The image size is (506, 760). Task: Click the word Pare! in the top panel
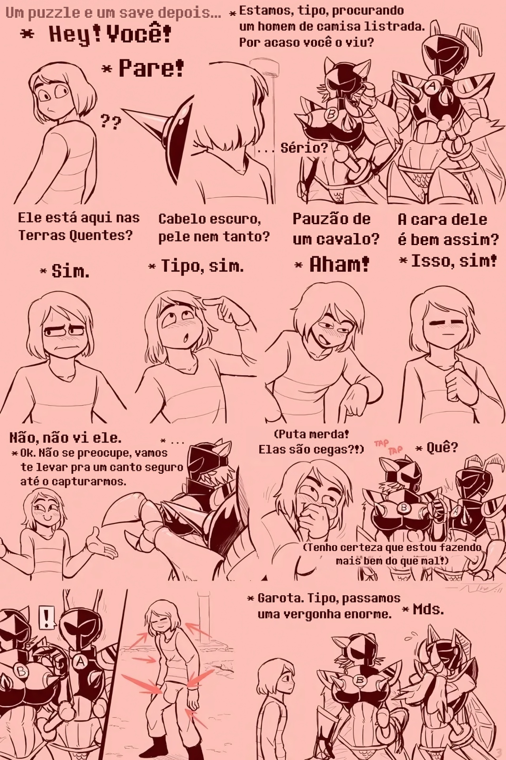151,68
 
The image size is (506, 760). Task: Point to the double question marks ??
111,122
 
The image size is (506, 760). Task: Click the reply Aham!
339,264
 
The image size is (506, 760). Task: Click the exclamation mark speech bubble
47,618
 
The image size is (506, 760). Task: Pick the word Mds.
429,609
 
